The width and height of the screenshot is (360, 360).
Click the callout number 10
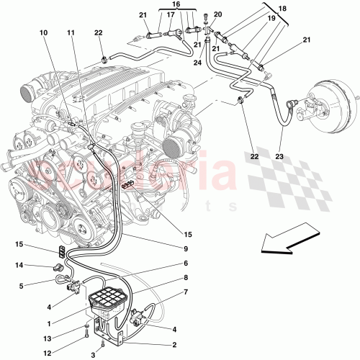point(43,33)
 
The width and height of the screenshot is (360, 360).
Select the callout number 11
point(71,33)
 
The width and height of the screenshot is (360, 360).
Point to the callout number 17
point(170,14)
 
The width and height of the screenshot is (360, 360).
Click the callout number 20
point(218,14)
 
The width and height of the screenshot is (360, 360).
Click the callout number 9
point(185,249)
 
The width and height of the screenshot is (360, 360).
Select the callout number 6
point(185,264)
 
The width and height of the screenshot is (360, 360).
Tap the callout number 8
point(185,277)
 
